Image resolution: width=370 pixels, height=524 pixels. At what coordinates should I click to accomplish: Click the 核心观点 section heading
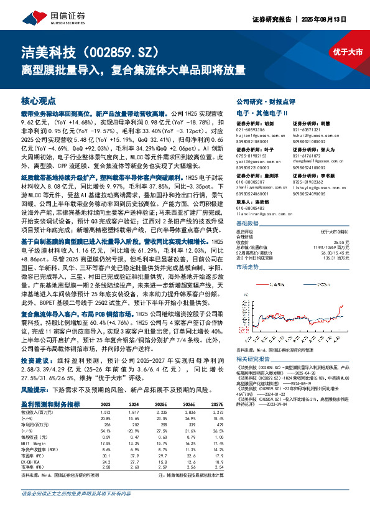point(39,100)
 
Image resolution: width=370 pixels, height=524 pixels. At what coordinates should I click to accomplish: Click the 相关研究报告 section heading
point(254,360)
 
